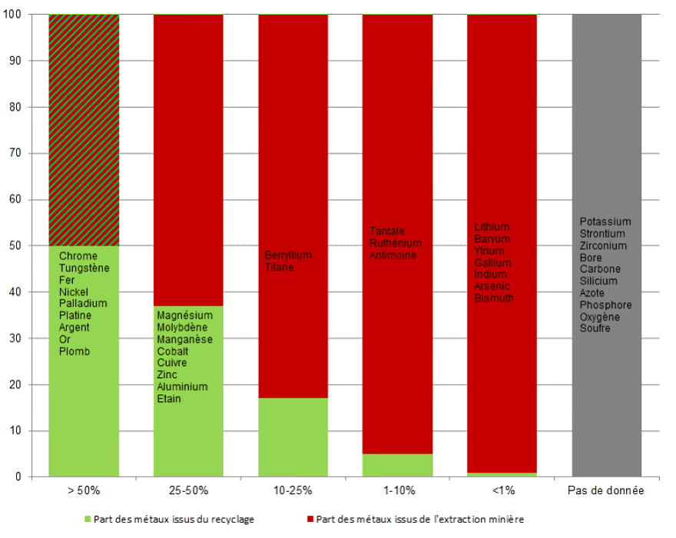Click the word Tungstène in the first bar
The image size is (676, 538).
click(x=84, y=268)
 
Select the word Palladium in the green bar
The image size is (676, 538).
click(x=83, y=304)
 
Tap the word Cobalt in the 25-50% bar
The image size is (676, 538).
click(x=173, y=351)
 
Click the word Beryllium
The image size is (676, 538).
click(x=288, y=255)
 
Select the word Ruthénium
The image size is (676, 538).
click(x=395, y=243)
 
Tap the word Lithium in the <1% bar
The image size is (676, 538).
click(x=492, y=227)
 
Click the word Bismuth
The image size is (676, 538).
click(x=494, y=297)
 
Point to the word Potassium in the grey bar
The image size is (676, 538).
click(x=605, y=222)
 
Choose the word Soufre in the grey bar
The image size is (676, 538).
click(x=595, y=328)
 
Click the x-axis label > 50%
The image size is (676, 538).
click(x=84, y=490)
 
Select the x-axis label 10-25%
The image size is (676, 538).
click(x=293, y=490)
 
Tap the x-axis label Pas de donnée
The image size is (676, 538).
click(x=607, y=490)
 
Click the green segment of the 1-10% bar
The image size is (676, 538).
click(x=397, y=465)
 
